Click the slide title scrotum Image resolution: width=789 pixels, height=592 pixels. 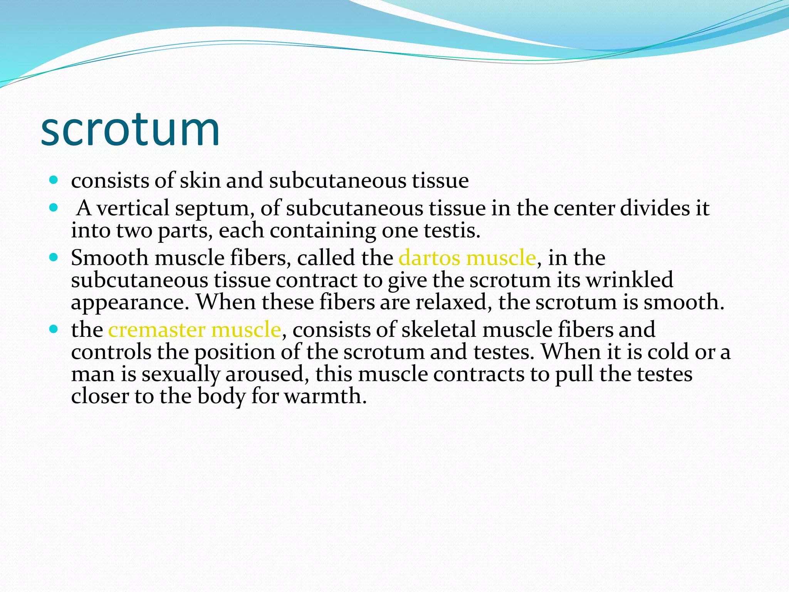click(130, 129)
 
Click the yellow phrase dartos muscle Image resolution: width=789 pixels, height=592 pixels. click(467, 258)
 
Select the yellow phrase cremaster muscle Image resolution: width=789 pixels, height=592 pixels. click(195, 330)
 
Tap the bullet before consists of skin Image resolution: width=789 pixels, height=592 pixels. click(54, 180)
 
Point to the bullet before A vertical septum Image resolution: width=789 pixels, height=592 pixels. click(54, 208)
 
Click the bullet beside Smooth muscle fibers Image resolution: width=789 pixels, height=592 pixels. click(54, 257)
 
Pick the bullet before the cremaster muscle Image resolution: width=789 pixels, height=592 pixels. click(54, 329)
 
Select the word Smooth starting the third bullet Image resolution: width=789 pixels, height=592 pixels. click(109, 258)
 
